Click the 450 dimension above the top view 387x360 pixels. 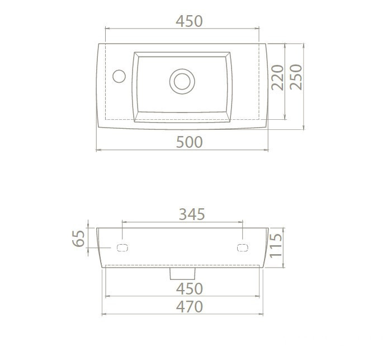(x=189, y=21)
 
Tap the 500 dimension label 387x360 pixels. (x=189, y=142)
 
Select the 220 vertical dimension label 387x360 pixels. (x=277, y=77)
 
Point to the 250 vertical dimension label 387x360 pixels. (x=296, y=77)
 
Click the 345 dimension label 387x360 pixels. (x=192, y=214)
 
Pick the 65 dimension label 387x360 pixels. (x=78, y=239)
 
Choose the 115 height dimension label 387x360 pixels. (x=276, y=245)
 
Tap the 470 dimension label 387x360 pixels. (x=189, y=307)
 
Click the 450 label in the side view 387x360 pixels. (x=189, y=288)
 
